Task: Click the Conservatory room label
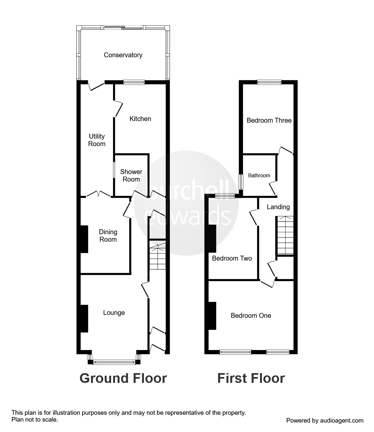(123, 55)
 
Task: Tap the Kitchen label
(140, 119)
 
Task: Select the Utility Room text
(97, 140)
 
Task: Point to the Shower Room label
(131, 176)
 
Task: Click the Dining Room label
(108, 236)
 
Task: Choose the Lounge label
(114, 313)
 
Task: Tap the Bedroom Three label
(269, 120)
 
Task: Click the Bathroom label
(259, 175)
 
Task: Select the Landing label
(278, 207)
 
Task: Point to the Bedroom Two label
(232, 258)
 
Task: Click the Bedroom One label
(251, 316)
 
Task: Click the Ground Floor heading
(123, 379)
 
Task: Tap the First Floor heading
(251, 379)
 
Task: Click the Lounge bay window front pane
(114, 362)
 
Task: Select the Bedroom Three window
(269, 82)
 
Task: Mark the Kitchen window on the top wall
(134, 82)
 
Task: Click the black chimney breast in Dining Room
(84, 239)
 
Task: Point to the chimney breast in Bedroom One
(212, 316)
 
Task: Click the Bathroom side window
(241, 182)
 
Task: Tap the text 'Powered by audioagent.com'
(325, 420)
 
